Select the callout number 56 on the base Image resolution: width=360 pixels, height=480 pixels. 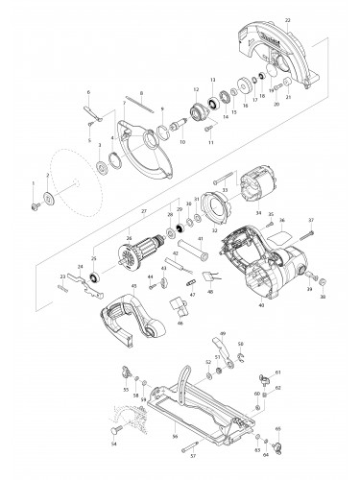[x=175, y=436]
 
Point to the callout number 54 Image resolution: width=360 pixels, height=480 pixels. [x=112, y=444]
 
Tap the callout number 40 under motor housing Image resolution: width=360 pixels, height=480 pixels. [x=259, y=305]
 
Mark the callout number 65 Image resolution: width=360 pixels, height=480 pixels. [x=278, y=429]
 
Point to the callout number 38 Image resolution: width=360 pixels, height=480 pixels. [x=323, y=298]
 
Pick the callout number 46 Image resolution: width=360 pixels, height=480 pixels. [x=179, y=324]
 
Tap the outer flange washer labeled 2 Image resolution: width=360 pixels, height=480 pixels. [x=47, y=200]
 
